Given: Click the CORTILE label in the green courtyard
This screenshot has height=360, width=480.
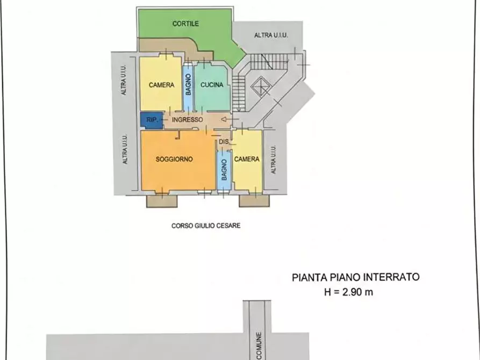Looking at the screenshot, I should pos(185,24).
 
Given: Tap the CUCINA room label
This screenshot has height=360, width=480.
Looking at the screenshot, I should pos(212,85).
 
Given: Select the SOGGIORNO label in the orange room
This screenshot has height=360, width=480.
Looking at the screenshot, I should pos(174,159).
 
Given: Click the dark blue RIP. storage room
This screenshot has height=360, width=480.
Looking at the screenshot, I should pos(150,120).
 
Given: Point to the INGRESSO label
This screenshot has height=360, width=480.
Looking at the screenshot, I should pos(187,120).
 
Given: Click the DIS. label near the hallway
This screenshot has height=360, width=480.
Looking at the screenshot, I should pos(224,142).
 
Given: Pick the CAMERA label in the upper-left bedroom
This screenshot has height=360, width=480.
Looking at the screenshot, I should pos(161,85).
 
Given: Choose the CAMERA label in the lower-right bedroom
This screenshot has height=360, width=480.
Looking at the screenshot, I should pos(247,159).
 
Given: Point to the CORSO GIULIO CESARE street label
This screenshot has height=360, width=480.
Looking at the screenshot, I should pos(206,226).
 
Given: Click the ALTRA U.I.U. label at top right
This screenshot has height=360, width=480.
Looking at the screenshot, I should pos(271,35).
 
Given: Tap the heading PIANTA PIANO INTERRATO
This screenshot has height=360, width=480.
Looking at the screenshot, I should pos(355,277).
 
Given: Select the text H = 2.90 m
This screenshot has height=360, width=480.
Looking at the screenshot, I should pos(348,292).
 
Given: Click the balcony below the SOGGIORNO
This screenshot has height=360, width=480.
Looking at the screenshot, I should pos(162,200).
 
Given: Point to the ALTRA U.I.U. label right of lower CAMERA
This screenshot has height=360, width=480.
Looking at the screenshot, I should pos(273,160).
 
